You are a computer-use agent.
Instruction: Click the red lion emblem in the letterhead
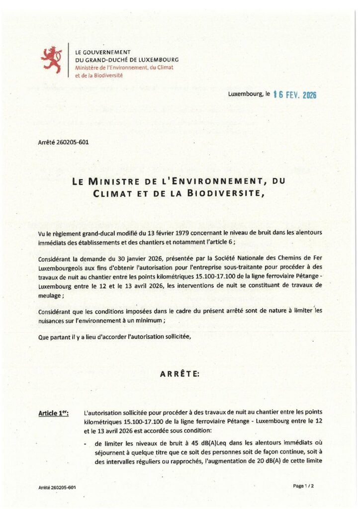tap(52, 59)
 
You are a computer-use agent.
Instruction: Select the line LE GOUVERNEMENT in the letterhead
tap(102, 52)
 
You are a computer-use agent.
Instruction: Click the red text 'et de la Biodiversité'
tap(98, 75)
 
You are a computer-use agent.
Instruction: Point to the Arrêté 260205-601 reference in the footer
tap(57, 488)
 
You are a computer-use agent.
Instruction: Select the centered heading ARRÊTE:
tap(180, 374)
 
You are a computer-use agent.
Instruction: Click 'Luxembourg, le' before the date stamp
tap(249, 94)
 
